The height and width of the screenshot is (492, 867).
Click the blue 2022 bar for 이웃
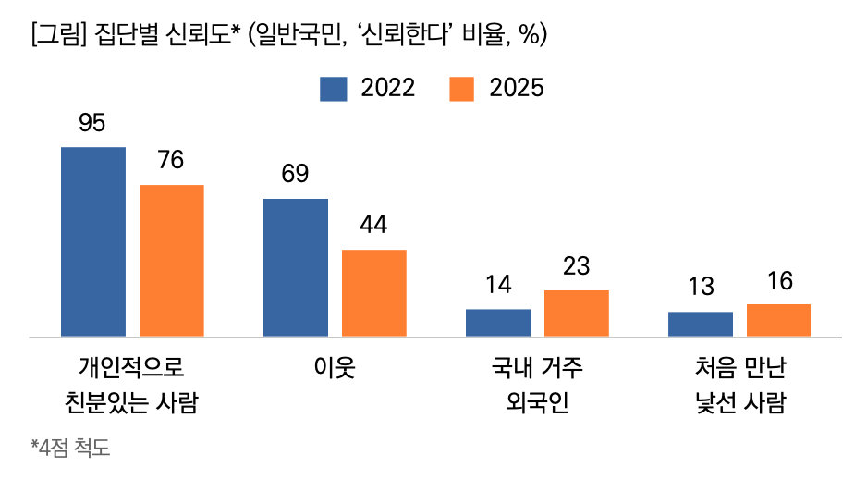click(295, 267)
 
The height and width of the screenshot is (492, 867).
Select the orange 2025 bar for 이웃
click(373, 292)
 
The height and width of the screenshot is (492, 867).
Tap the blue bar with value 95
click(92, 241)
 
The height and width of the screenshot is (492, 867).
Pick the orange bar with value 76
click(171, 260)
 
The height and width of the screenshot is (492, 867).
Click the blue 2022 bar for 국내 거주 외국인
click(497, 322)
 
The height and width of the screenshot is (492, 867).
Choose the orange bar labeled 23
click(576, 313)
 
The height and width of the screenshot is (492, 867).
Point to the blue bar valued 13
click(700, 324)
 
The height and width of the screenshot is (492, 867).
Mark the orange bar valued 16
click(778, 320)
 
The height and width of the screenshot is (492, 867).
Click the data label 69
click(295, 174)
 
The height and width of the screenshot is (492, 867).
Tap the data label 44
click(373, 225)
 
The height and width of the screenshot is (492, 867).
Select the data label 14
click(497, 284)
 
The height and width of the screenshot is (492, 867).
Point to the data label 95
click(92, 122)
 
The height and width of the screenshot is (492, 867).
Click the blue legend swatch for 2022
click(333, 89)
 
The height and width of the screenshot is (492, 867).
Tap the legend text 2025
click(517, 89)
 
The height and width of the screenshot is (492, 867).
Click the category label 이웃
click(334, 369)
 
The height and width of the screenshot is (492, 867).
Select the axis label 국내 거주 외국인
click(537, 386)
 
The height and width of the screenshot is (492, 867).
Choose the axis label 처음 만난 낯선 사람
click(739, 386)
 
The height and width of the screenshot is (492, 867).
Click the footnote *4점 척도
click(69, 449)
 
